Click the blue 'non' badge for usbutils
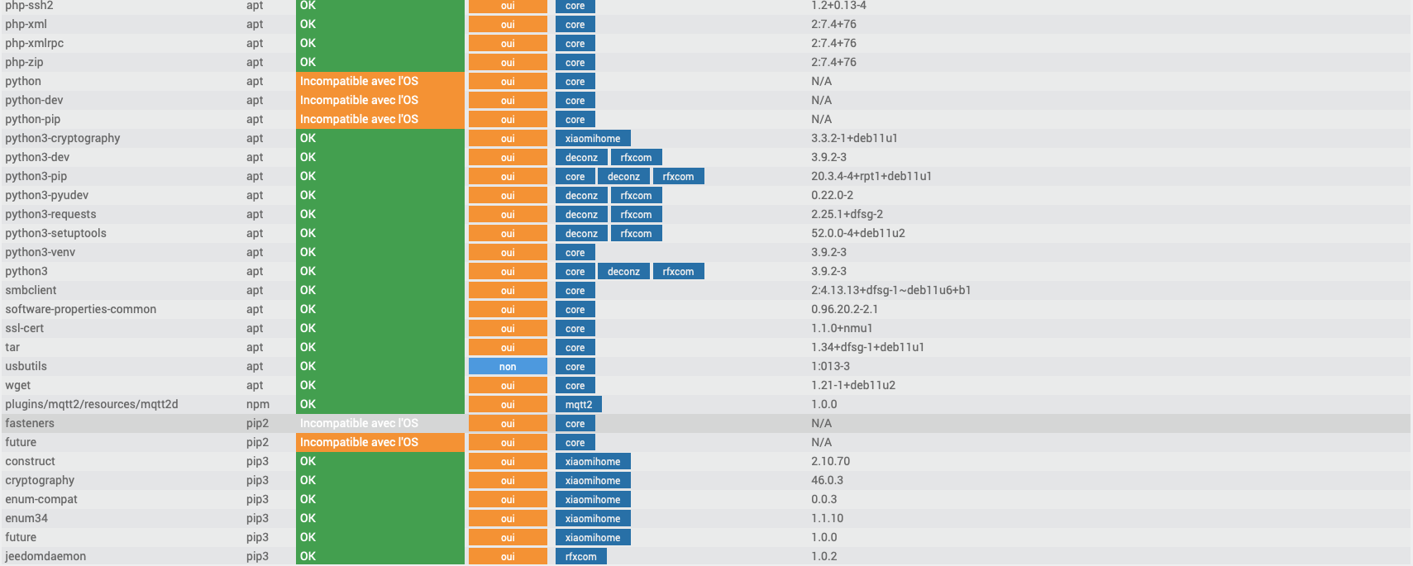click(x=508, y=366)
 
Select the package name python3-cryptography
click(x=63, y=138)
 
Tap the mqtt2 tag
click(x=579, y=404)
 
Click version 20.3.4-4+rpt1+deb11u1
click(x=871, y=176)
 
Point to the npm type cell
click(x=257, y=404)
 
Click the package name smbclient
click(x=31, y=290)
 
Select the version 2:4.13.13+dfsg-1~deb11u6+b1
click(x=890, y=290)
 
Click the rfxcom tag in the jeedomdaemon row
click(x=581, y=556)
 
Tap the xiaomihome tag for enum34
click(x=593, y=518)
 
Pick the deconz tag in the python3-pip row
click(x=623, y=176)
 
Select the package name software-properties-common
click(x=81, y=309)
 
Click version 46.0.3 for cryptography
click(x=827, y=480)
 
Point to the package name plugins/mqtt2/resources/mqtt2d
click(x=92, y=404)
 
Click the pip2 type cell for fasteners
click(x=257, y=423)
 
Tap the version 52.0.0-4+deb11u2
click(x=857, y=233)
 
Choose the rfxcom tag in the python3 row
click(x=678, y=271)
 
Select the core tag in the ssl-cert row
click(x=575, y=328)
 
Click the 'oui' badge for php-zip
click(x=508, y=62)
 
